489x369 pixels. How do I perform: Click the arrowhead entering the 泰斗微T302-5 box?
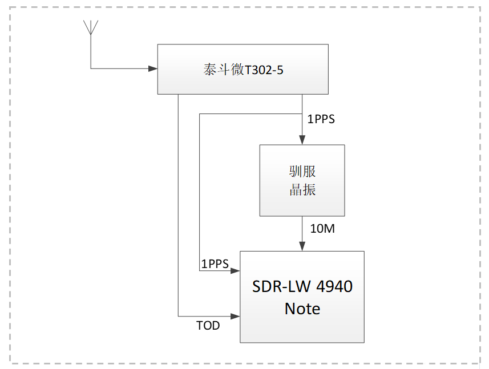pos(153,69)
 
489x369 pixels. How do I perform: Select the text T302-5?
pos(264,70)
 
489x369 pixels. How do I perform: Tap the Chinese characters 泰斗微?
pos(224,70)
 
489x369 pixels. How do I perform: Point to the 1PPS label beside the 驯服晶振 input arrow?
pos(321,120)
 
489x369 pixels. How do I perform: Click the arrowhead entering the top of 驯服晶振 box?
pos(302,140)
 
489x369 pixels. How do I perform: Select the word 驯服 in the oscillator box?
pos(302,172)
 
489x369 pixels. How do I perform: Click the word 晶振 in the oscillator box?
pos(302,190)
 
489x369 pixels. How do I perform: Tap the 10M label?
pos(322,229)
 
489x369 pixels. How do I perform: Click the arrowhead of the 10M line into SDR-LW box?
pos(302,246)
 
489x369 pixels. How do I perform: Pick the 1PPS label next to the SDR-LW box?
pos(215,264)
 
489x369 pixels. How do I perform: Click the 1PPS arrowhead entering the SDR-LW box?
pos(235,271)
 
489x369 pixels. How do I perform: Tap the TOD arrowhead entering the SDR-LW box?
pos(235,316)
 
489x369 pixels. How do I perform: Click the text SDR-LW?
pos(277,286)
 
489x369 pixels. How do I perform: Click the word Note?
pos(302,309)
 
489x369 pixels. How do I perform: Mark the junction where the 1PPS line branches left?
pos(302,113)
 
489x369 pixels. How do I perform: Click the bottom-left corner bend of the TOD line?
pos(178,316)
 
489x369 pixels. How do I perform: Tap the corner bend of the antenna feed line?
pos(91,69)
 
